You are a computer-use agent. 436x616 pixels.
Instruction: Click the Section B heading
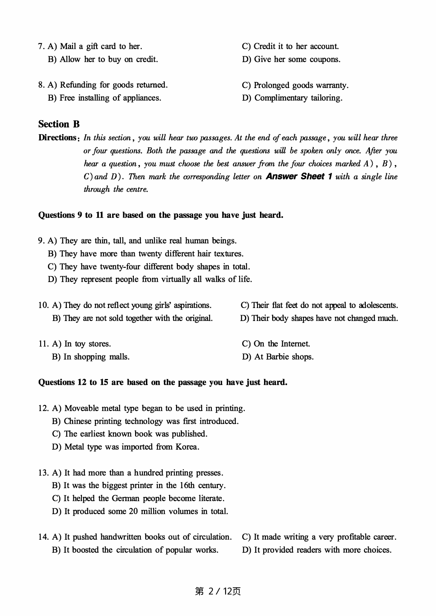[x=59, y=124]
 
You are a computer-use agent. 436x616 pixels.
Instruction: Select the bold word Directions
[x=57, y=138]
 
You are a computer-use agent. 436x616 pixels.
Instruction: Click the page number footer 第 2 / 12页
[x=218, y=591]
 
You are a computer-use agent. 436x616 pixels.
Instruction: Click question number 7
[x=41, y=46]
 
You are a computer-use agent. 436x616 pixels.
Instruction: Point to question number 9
[x=41, y=241]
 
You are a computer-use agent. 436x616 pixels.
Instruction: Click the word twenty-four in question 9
[x=120, y=267]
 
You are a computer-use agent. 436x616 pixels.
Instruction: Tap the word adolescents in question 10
[x=378, y=305]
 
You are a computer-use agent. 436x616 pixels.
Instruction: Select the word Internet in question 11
[x=295, y=344]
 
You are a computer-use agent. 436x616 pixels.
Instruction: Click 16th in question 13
[x=187, y=485]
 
